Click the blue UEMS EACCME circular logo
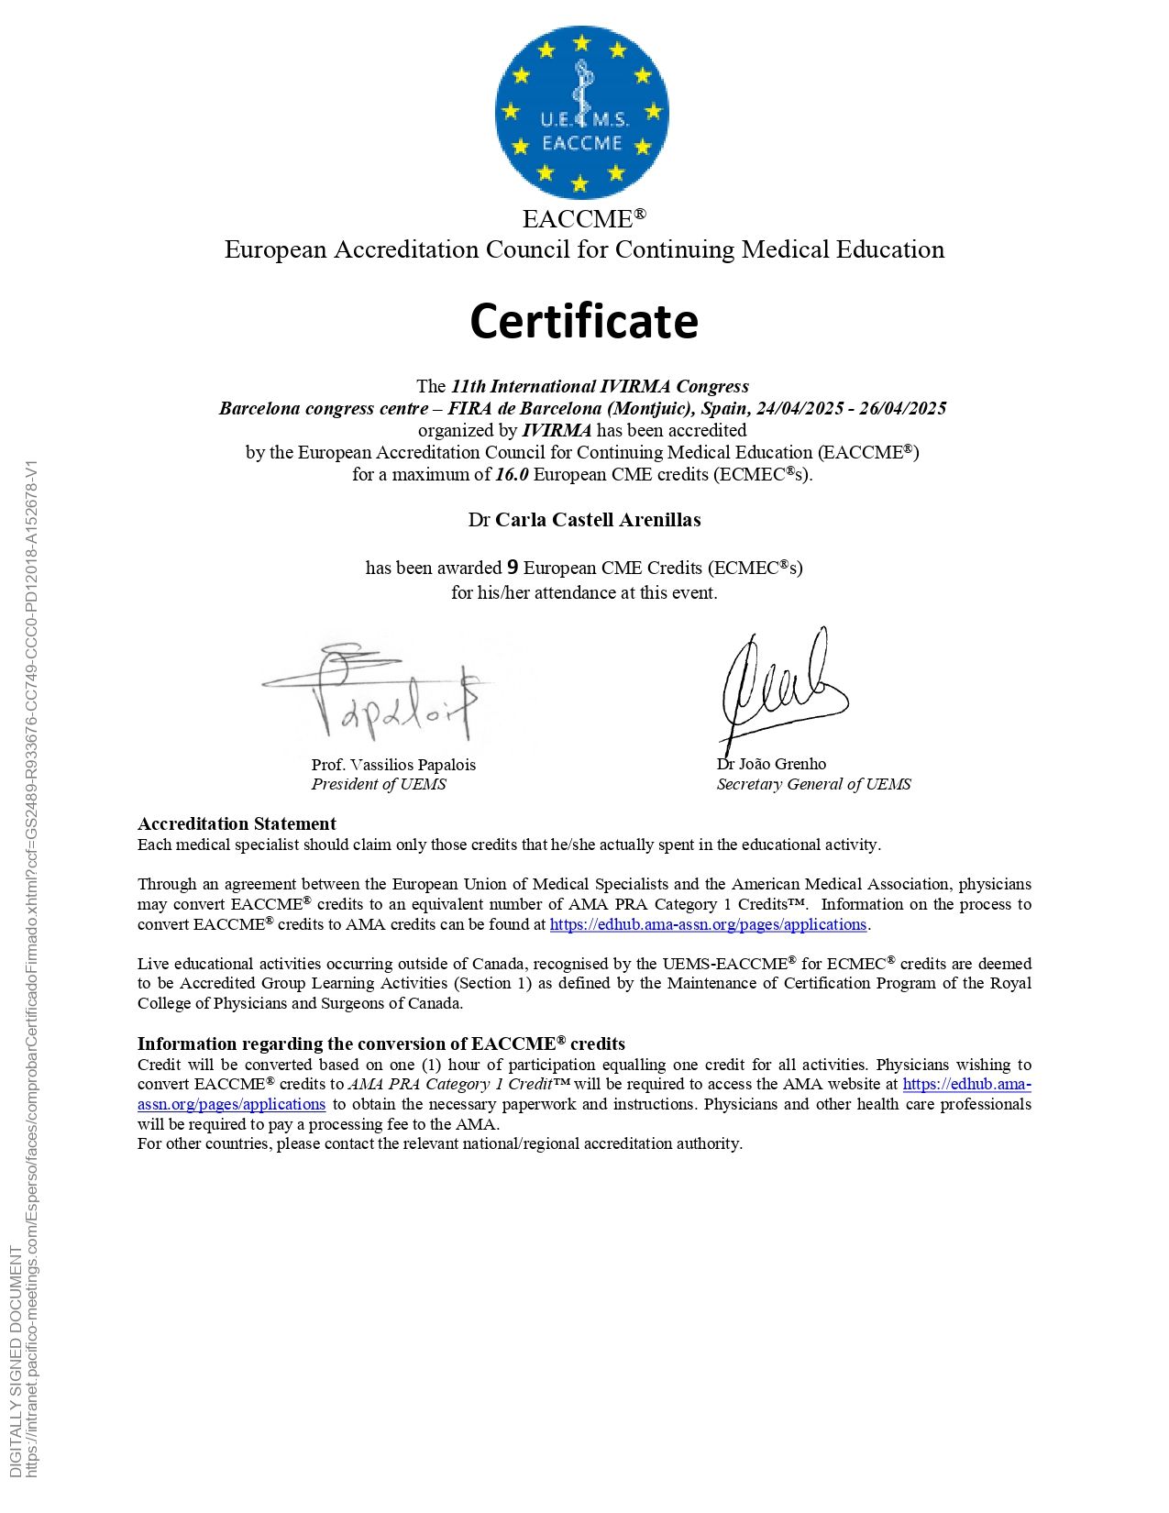(x=581, y=114)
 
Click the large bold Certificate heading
(x=584, y=321)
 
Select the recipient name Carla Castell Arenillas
(x=598, y=520)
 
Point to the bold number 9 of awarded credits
(x=513, y=567)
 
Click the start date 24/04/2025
(x=800, y=408)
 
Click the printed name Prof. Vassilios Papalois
(x=393, y=765)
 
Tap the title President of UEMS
(x=379, y=784)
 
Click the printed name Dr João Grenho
(x=771, y=764)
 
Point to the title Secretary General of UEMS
(x=813, y=784)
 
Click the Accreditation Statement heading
(x=237, y=823)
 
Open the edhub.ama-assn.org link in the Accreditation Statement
(x=708, y=924)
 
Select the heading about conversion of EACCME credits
(x=381, y=1044)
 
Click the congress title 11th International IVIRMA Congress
(x=600, y=386)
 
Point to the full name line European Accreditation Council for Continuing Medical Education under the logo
(x=584, y=249)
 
